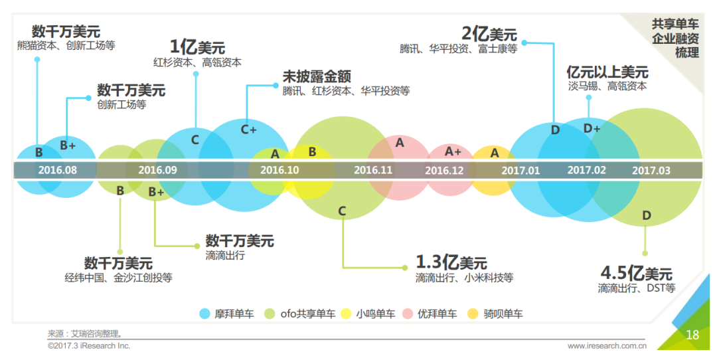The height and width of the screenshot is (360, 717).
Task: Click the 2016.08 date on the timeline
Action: pyautogui.click(x=58, y=170)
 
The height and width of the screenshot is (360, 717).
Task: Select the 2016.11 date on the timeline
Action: pyautogui.click(x=374, y=170)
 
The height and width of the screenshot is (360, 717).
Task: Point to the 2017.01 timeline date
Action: pyautogui.click(x=520, y=170)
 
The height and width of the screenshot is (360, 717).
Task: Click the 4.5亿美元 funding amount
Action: pyautogui.click(x=636, y=273)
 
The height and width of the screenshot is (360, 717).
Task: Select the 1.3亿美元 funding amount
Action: pyautogui.click(x=451, y=262)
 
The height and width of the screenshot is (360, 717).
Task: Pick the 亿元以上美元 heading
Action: pyautogui.click(x=607, y=72)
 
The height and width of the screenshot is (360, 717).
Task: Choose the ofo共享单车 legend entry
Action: pyautogui.click(x=300, y=314)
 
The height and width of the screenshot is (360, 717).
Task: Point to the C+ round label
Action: pyautogui.click(x=248, y=130)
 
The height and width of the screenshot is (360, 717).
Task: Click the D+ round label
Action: pyautogui.click(x=592, y=128)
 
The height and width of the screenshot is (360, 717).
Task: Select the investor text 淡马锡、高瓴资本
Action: pyautogui.click(x=607, y=86)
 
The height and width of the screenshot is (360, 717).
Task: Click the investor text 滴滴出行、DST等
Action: pyautogui.click(x=637, y=288)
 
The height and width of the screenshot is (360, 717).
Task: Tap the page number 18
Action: pyautogui.click(x=692, y=335)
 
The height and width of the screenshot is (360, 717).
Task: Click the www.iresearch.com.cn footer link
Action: pyautogui.click(x=607, y=346)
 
